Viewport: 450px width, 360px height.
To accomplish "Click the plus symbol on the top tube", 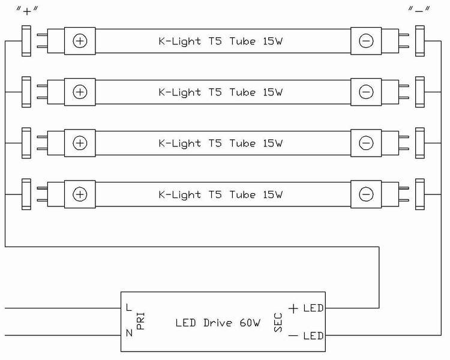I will click(80, 41).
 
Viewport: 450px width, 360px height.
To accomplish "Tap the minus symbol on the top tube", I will click(366, 41).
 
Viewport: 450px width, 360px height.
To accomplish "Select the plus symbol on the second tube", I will click(80, 92).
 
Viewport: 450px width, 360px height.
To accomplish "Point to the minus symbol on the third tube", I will click(366, 143).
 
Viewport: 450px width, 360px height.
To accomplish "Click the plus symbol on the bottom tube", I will click(80, 194).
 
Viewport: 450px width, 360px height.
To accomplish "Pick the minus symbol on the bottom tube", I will click(366, 194).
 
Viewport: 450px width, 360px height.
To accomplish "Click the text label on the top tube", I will click(220, 41).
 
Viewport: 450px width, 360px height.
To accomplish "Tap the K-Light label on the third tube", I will click(220, 143).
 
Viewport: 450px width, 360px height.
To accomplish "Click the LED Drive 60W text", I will click(218, 323).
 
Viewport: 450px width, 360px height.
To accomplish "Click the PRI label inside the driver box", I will click(141, 322).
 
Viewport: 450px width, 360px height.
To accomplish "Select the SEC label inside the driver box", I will click(278, 322).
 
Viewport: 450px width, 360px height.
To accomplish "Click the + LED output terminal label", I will click(306, 308).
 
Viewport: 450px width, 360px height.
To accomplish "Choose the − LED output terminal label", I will click(306, 335).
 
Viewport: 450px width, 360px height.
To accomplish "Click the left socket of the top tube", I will click(26, 41).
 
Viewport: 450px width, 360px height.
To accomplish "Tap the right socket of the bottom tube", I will click(419, 194).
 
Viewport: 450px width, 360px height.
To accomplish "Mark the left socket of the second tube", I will click(26, 92).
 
